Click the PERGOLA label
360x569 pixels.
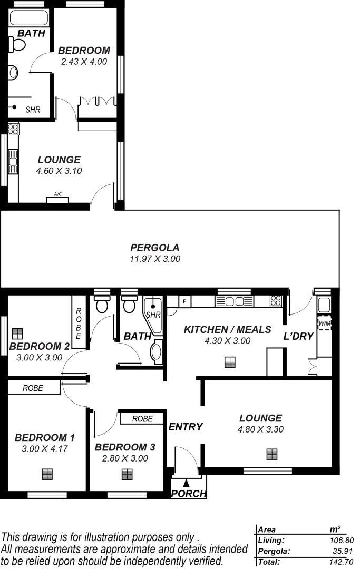pyautogui.click(x=155, y=247)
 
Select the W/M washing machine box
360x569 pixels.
pyautogui.click(x=324, y=323)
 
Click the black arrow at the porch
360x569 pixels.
pyautogui.click(x=186, y=482)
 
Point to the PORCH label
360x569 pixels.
pyautogui.click(x=189, y=494)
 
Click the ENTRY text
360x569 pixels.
pyautogui.click(x=186, y=427)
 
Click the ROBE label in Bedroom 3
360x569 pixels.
pyautogui.click(x=142, y=419)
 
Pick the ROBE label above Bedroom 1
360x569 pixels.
pyautogui.click(x=33, y=388)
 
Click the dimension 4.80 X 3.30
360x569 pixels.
pyautogui.click(x=260, y=429)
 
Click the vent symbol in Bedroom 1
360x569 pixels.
pyautogui.click(x=47, y=474)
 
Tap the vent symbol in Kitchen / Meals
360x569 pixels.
pyautogui.click(x=229, y=362)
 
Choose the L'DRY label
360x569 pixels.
pyautogui.click(x=299, y=336)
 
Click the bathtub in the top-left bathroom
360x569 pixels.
pyautogui.click(x=29, y=18)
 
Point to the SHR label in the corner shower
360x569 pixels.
pyautogui.click(x=153, y=315)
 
